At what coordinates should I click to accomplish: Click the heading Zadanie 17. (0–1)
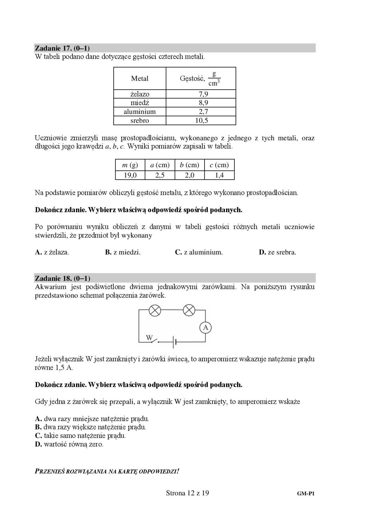tap(62, 48)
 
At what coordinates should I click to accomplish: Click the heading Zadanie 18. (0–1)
tap(62, 278)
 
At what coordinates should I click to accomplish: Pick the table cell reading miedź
tap(140, 103)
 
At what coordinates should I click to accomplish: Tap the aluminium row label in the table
tap(140, 112)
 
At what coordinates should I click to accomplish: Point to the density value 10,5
tap(201, 121)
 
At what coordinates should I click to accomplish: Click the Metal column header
tap(140, 78)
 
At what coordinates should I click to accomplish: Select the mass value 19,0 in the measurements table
tap(130, 175)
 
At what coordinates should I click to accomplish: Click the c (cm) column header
tap(219, 165)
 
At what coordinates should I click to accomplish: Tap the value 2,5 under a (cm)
tap(160, 175)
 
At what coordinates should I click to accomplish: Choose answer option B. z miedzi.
tap(123, 252)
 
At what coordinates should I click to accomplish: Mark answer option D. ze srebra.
tap(277, 252)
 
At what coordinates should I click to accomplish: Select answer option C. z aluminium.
tap(199, 252)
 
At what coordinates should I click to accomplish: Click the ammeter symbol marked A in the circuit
tap(205, 328)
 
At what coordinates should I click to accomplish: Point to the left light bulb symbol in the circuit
tap(155, 310)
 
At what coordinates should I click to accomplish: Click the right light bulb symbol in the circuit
tap(189, 310)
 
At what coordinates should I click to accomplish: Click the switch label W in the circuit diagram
tap(149, 338)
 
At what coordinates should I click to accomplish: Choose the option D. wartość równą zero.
tap(69, 444)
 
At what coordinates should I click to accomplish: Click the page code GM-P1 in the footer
tap(306, 494)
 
